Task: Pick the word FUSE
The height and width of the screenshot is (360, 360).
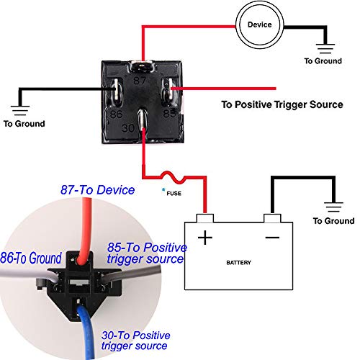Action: coord(173,194)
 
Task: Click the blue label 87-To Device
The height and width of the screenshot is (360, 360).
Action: coord(96,190)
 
